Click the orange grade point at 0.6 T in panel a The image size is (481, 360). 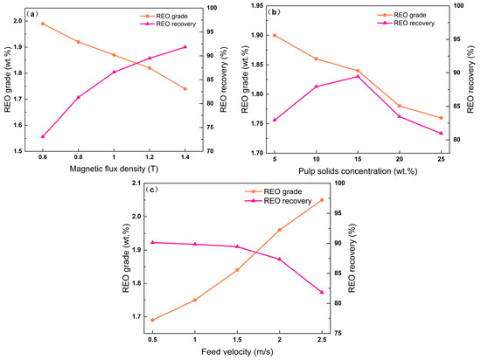[43, 24]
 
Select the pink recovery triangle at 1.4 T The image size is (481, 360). [185, 47]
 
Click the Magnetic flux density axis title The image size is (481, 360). [114, 169]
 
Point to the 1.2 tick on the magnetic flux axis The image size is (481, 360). [150, 157]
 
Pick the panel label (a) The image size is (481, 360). [31, 14]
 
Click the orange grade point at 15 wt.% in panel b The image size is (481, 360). [358, 71]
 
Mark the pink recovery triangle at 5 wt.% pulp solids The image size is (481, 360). [275, 120]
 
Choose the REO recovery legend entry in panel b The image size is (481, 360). [406, 24]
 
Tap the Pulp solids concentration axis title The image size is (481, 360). [358, 171]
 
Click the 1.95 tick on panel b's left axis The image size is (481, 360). [257, 5]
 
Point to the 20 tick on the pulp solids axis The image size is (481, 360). [400, 159]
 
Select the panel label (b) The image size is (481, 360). [274, 12]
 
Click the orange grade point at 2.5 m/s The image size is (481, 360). [322, 200]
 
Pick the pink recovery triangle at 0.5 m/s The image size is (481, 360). [152, 242]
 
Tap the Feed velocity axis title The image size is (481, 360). [237, 352]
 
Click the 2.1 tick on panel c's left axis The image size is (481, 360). [136, 183]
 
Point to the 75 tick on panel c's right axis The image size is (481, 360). [337, 333]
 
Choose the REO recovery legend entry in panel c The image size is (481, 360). [278, 201]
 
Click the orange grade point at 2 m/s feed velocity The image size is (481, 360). [280, 230]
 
